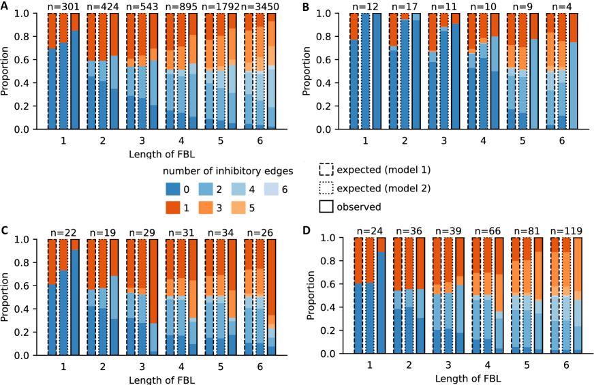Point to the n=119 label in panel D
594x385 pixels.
click(x=567, y=232)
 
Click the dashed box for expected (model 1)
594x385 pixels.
click(x=326, y=169)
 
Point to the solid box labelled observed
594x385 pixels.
click(x=326, y=206)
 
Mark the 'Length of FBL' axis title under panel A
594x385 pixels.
click(x=159, y=155)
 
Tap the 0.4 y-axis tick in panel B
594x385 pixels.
click(x=328, y=82)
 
